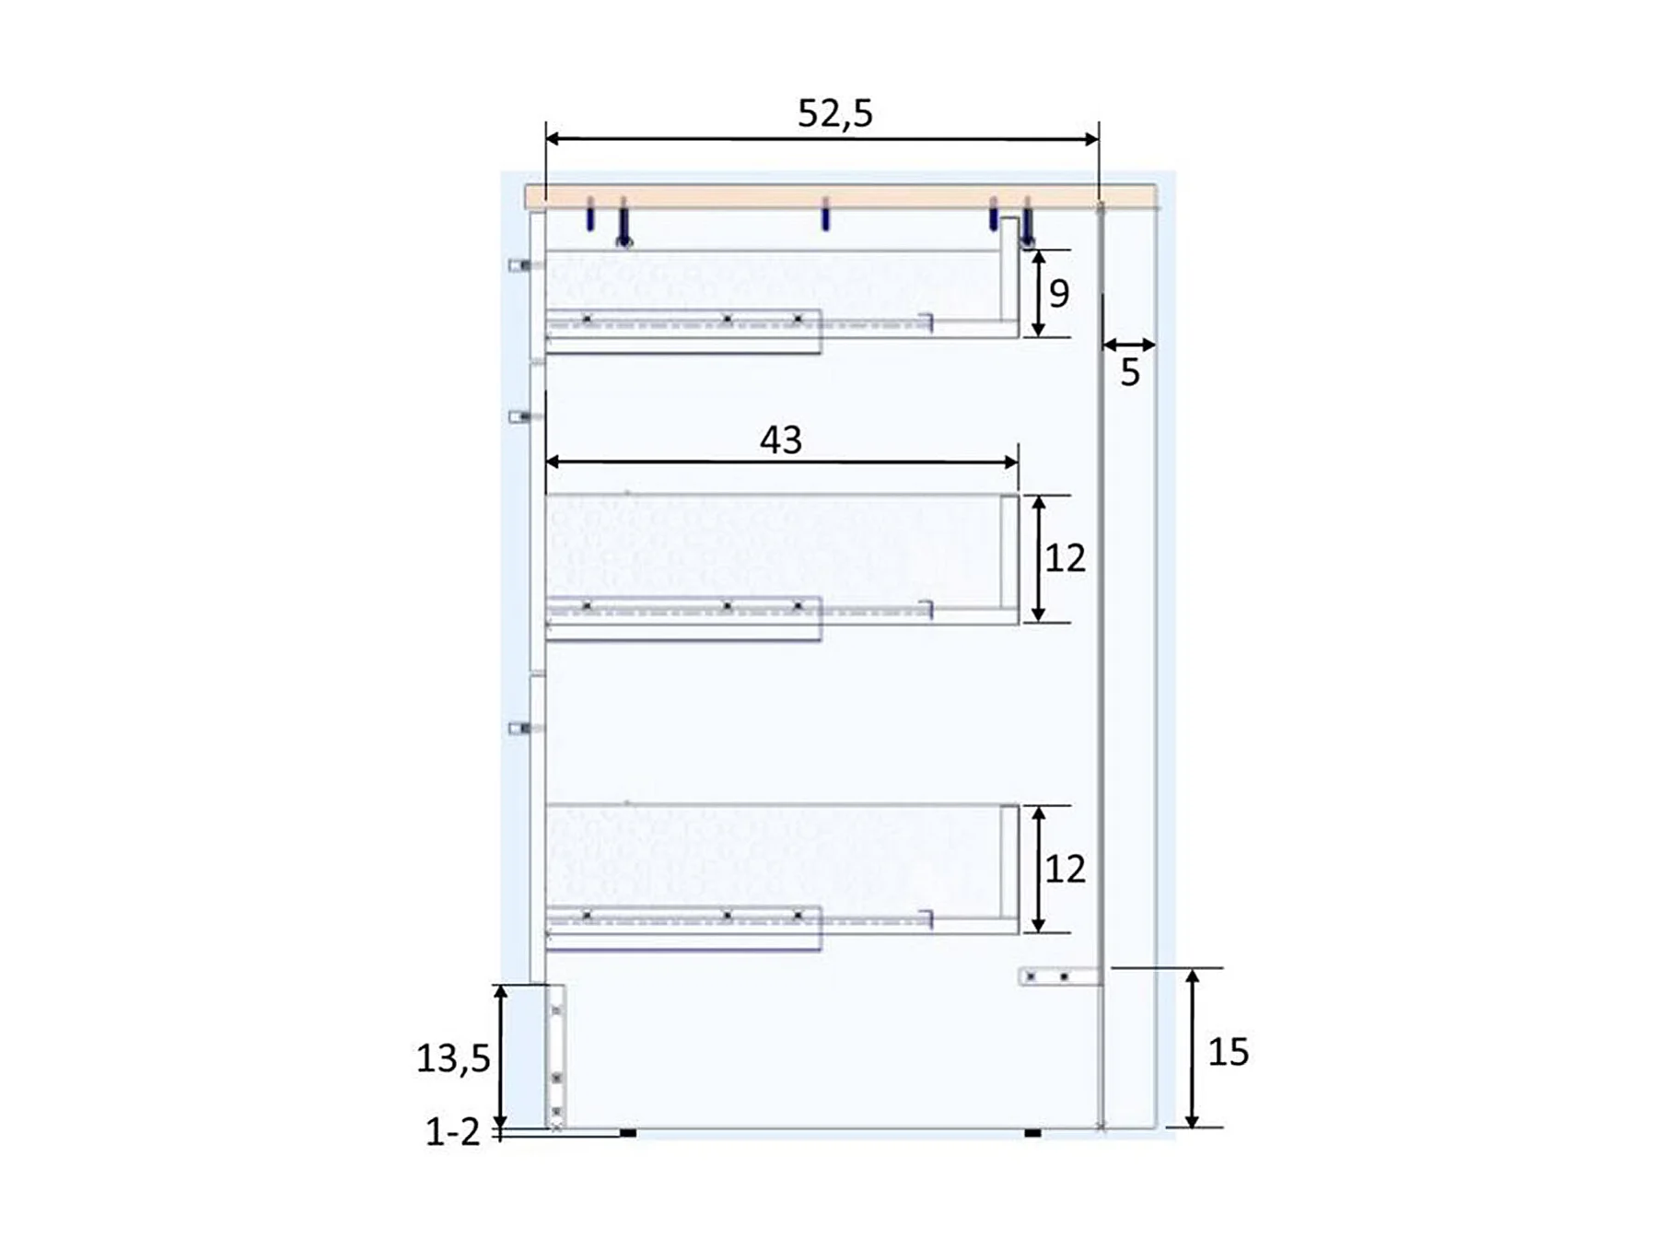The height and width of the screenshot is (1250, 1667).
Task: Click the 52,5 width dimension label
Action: tap(834, 113)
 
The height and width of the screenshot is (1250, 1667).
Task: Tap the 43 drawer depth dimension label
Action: tap(781, 440)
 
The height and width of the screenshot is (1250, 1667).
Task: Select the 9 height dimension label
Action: tap(1059, 294)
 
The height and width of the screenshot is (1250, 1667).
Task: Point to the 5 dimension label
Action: tap(1130, 372)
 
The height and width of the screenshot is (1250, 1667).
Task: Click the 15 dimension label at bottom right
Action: tap(1229, 1052)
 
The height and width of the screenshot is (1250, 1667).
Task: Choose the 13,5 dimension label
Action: tap(453, 1059)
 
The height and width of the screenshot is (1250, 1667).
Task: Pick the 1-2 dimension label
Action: tap(453, 1132)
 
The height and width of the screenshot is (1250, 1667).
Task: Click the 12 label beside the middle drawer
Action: tap(1066, 558)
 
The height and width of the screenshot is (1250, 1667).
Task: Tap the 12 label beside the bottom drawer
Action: tap(1066, 869)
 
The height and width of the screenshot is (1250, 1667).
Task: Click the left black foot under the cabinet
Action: tap(628, 1132)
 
